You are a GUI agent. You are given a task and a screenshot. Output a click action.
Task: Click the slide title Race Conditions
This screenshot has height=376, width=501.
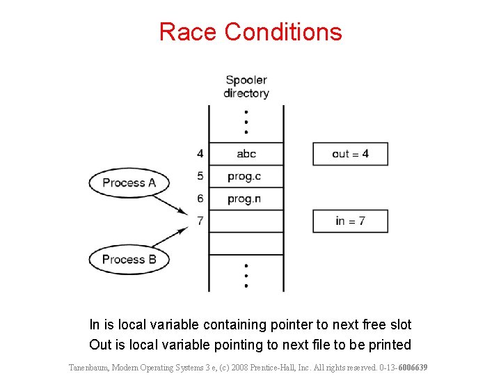[250, 32]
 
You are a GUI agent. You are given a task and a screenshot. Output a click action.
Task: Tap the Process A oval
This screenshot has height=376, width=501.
[129, 183]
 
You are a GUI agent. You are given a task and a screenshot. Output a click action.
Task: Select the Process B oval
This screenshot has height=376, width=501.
[129, 260]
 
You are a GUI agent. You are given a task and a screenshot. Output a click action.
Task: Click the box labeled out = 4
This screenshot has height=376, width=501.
[350, 154]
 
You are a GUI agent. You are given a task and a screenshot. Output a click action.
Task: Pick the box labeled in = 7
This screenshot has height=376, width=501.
[350, 221]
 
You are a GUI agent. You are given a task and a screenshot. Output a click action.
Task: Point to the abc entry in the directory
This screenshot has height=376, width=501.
[246, 154]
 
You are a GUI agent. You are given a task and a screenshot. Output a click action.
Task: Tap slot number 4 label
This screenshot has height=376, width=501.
[200, 154]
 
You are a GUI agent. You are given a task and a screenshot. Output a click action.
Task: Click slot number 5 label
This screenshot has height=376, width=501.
[200, 176]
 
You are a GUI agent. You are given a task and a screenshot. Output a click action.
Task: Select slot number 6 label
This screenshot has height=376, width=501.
[200, 199]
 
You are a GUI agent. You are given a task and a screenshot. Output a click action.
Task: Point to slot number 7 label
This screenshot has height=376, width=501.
[200, 221]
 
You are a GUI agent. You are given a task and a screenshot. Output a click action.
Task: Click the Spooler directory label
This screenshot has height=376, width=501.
[246, 86]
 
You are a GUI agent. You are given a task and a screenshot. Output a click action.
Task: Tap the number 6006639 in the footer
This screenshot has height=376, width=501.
[411, 367]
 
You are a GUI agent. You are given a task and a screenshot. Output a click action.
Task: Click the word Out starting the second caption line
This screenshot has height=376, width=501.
[100, 345]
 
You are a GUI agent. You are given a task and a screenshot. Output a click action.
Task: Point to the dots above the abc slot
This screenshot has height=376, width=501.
[246, 124]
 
